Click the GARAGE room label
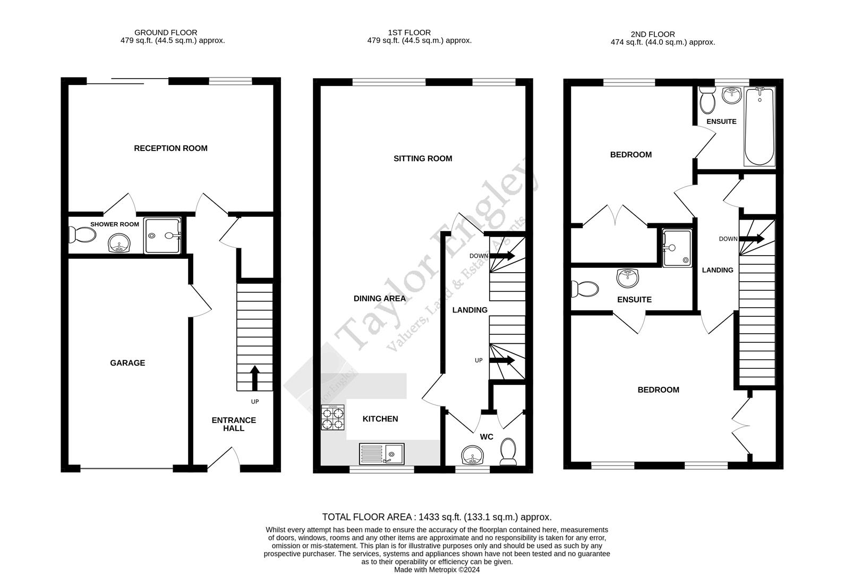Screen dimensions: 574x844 pos(127,363)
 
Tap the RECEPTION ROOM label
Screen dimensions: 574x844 pos(170,148)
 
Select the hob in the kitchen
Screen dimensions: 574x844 pos(333,418)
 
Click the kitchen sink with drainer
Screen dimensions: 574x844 pos(382,454)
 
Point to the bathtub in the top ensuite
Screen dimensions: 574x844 pos(759,128)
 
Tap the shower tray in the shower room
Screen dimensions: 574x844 pos(163,235)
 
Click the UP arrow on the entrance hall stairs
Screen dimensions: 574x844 pos(255,377)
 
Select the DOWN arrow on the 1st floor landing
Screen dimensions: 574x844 pos(502,256)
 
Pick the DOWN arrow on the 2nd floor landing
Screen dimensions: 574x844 pos(752,239)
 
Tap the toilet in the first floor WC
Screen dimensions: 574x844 pos(508,451)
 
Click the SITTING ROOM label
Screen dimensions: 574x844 pos(423,158)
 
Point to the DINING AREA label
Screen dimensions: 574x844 pos(380,299)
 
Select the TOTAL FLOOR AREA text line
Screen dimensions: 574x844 pos(437,517)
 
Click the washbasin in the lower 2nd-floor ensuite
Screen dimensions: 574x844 pos(628,277)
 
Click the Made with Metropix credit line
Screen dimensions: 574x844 pos(437,569)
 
